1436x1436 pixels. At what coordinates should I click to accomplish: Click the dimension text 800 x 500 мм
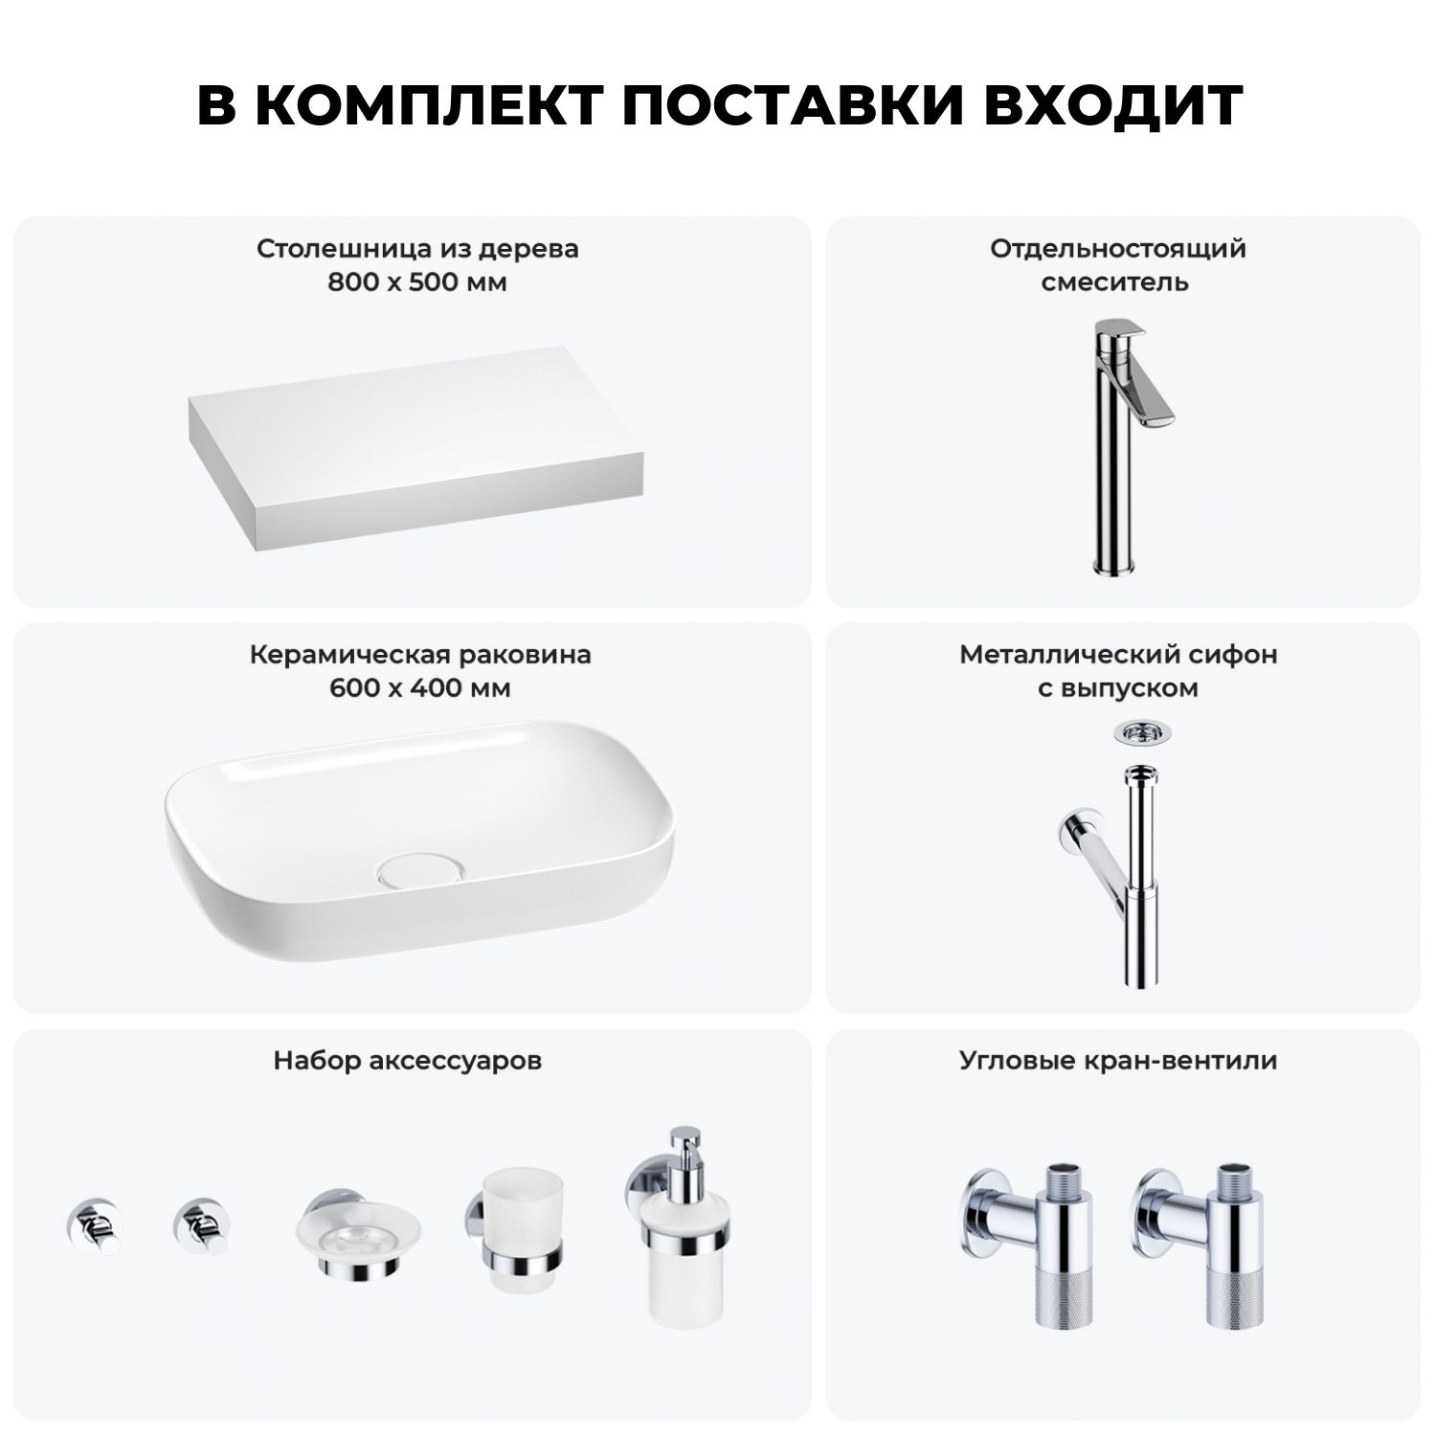click(417, 283)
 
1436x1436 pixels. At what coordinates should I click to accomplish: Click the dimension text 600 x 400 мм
click(419, 688)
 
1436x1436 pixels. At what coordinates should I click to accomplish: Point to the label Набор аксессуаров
click(408, 1061)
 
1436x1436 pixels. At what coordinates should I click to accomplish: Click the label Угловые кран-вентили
click(1118, 1061)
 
